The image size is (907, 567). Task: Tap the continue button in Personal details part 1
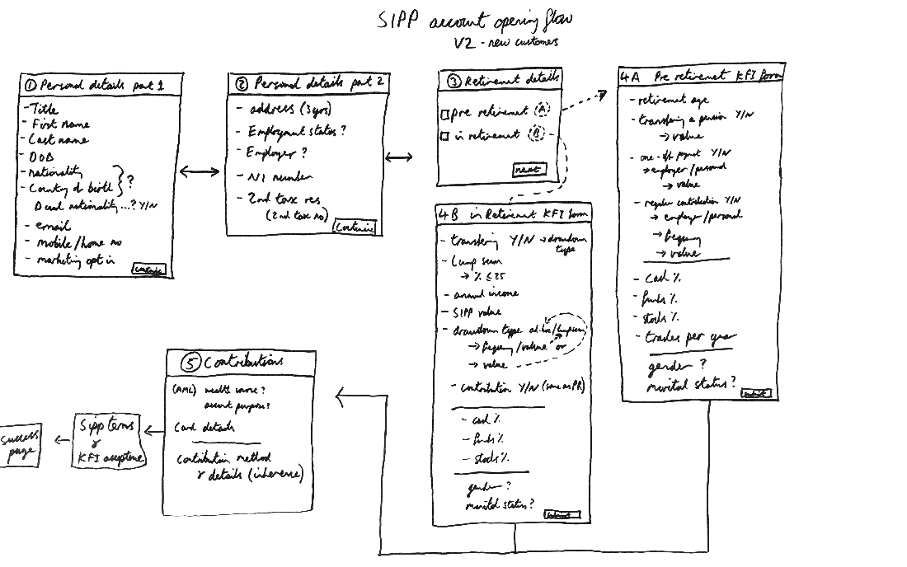[148, 269]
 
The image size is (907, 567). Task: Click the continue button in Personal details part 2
[355, 227]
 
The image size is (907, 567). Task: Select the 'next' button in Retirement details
[528, 170]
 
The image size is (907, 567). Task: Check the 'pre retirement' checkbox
[445, 115]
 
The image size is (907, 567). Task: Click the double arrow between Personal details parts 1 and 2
[200, 171]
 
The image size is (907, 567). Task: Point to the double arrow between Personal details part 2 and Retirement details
[399, 157]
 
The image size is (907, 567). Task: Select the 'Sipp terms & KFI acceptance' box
[110, 441]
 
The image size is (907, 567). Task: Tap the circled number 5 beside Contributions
[190, 363]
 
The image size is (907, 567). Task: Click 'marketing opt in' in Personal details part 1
[75, 260]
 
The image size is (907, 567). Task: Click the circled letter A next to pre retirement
[541, 110]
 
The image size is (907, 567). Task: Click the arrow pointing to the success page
[62, 441]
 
